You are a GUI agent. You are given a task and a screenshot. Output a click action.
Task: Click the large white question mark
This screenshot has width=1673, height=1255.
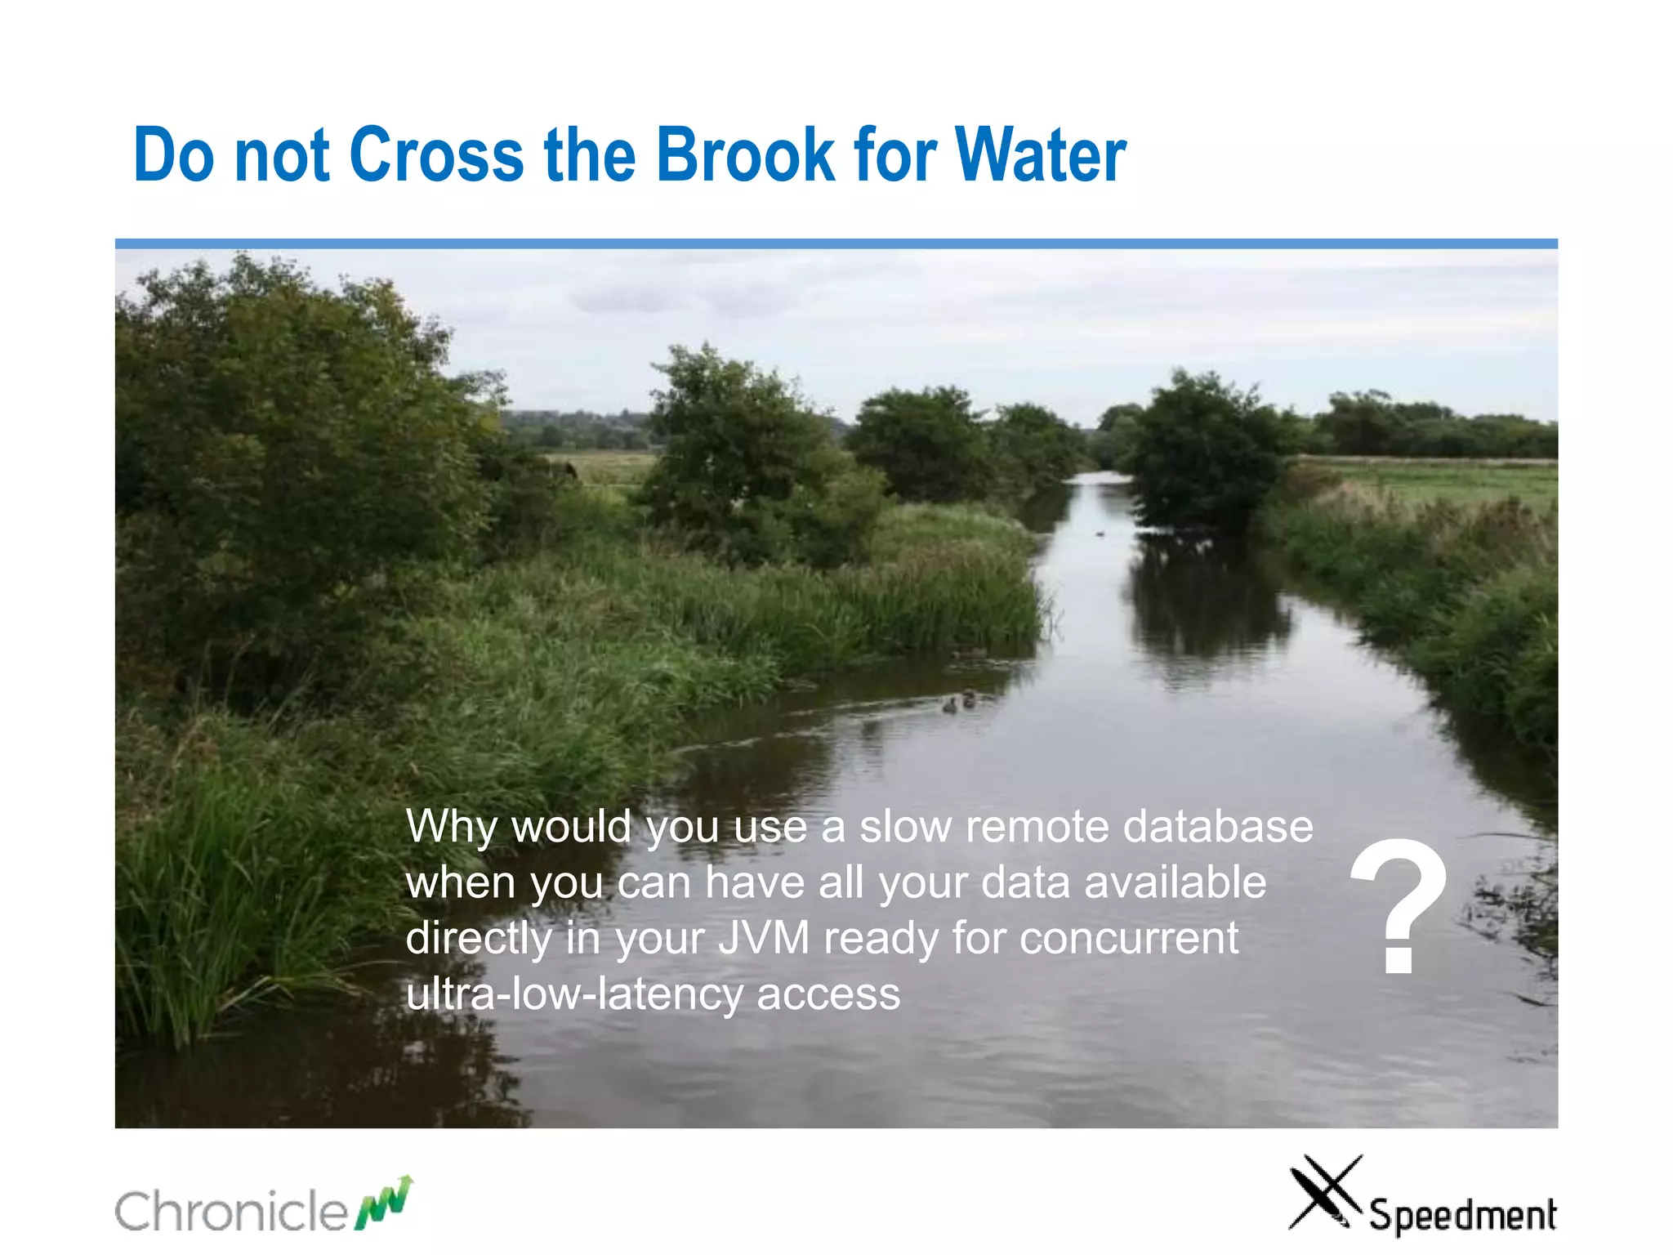click(1399, 907)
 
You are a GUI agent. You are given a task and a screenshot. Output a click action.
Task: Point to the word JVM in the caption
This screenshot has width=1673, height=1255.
click(764, 938)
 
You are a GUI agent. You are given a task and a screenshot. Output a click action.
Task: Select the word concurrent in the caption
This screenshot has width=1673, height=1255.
click(1129, 938)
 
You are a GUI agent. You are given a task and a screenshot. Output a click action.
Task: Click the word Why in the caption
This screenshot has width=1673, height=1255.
click(450, 828)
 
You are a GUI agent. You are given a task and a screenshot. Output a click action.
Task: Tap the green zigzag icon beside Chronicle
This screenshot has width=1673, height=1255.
click(384, 1203)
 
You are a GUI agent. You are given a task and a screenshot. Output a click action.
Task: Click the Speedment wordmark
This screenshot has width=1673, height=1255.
click(1462, 1215)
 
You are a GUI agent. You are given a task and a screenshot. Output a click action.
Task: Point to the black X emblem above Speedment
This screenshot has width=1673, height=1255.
click(1324, 1191)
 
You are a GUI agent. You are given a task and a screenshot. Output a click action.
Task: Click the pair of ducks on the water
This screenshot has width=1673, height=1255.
click(959, 701)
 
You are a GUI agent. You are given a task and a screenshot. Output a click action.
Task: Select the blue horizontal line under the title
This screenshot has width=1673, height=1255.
click(836, 243)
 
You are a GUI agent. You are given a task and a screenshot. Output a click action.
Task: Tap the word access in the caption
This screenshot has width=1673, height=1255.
click(828, 994)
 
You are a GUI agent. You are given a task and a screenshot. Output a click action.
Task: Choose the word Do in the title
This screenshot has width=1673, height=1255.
click(173, 154)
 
